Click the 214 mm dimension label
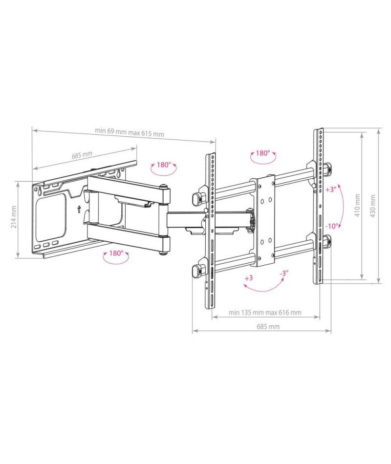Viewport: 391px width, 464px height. [x=13, y=217]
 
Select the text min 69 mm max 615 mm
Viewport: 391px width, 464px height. [x=130, y=132]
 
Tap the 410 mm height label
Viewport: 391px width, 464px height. [x=358, y=205]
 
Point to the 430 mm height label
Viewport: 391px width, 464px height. [x=373, y=206]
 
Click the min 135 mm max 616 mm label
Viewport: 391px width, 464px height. [x=265, y=313]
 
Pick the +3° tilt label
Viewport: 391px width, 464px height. [x=331, y=190]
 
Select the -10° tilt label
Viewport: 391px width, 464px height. [x=332, y=226]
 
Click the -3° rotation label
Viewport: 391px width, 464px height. [x=284, y=273]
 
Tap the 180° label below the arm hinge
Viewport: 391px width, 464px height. [x=116, y=253]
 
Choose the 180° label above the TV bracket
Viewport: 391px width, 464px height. [x=263, y=153]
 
